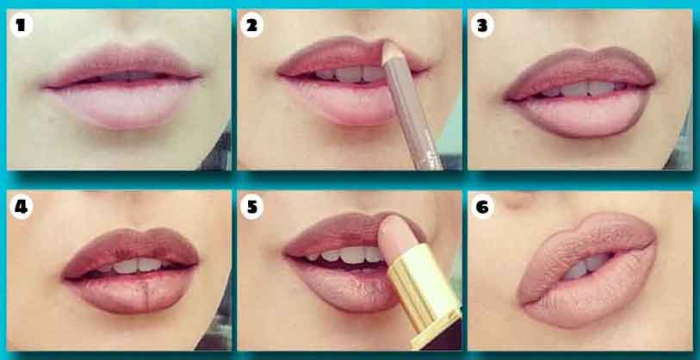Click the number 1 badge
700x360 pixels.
20,25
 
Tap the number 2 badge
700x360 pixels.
251,25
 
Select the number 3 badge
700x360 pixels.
482,26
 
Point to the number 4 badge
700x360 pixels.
21,208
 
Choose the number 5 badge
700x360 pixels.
251,208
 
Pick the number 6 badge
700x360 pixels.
482,207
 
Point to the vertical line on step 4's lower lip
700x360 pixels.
147,295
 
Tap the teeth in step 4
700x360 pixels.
129,265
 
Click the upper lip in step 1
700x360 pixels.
121,64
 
